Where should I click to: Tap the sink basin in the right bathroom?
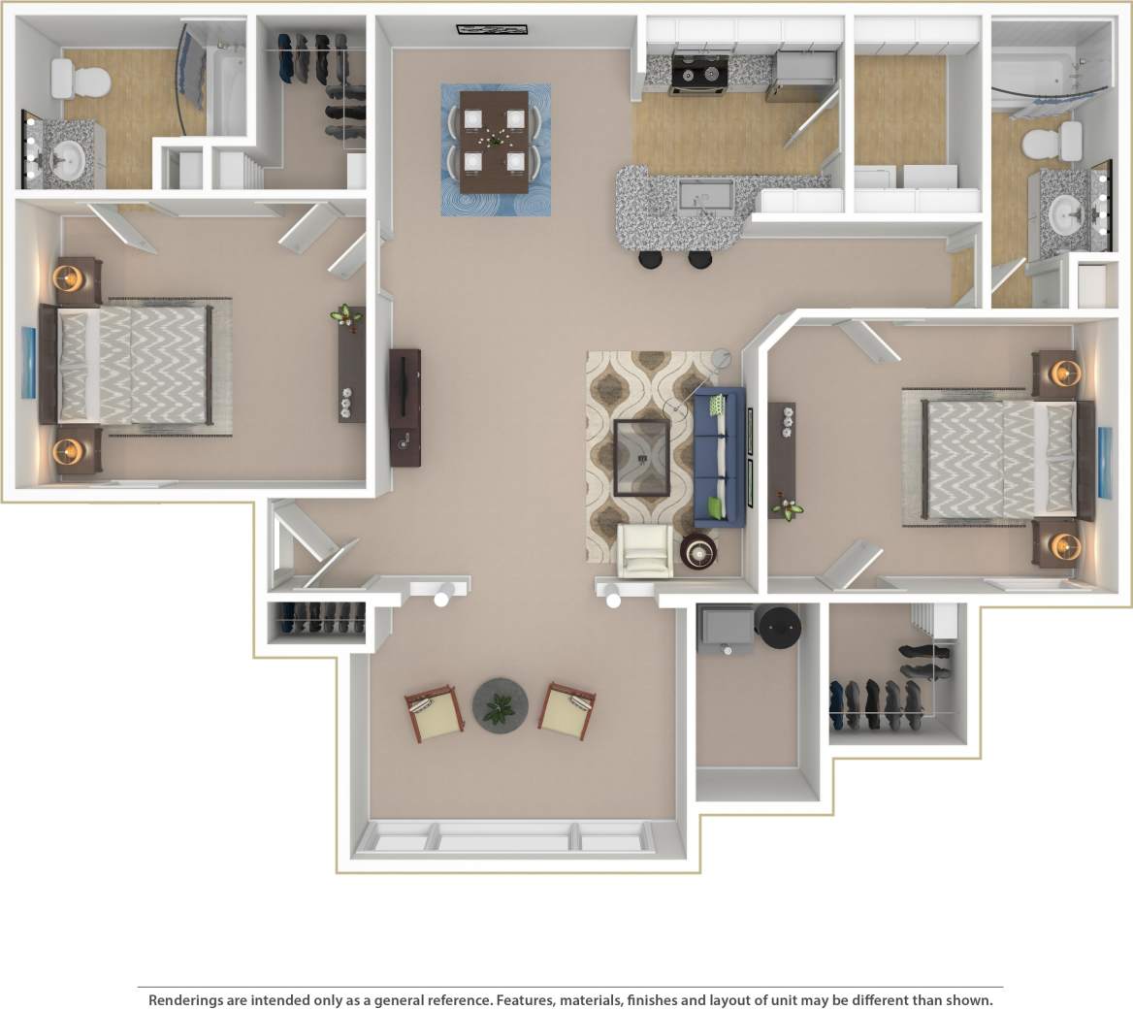coord(1068,210)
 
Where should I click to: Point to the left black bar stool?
coord(651,259)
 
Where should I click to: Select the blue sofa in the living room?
coord(720,457)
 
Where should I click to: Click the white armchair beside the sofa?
coord(645,551)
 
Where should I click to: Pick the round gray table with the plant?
coord(501,705)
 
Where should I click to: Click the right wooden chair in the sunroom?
coord(567,711)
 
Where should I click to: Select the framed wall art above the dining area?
coord(483,29)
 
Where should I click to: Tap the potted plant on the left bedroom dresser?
coord(342,313)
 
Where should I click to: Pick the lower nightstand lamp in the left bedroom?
coord(69,451)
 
